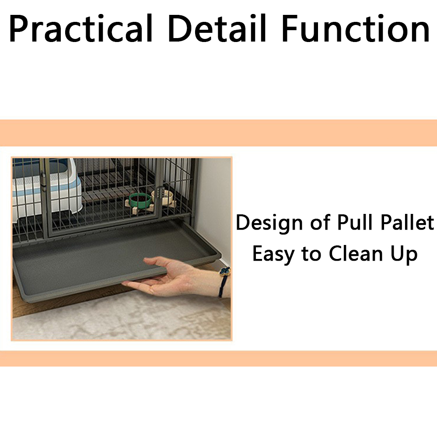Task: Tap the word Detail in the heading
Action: coord(217,28)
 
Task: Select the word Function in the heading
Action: coord(356,28)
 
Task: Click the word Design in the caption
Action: coord(269,224)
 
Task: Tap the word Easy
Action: coord(273,254)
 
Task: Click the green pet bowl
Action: coord(140,199)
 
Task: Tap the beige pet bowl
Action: coord(163,196)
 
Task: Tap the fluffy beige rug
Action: coord(122,318)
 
